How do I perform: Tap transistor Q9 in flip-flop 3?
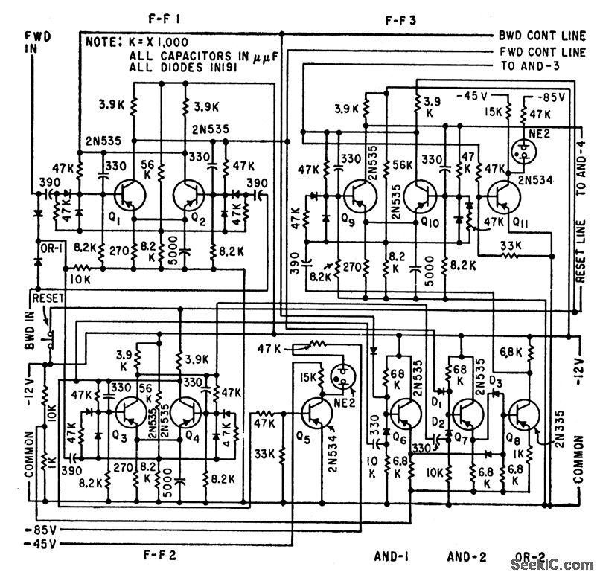361,196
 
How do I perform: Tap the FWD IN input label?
34,41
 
